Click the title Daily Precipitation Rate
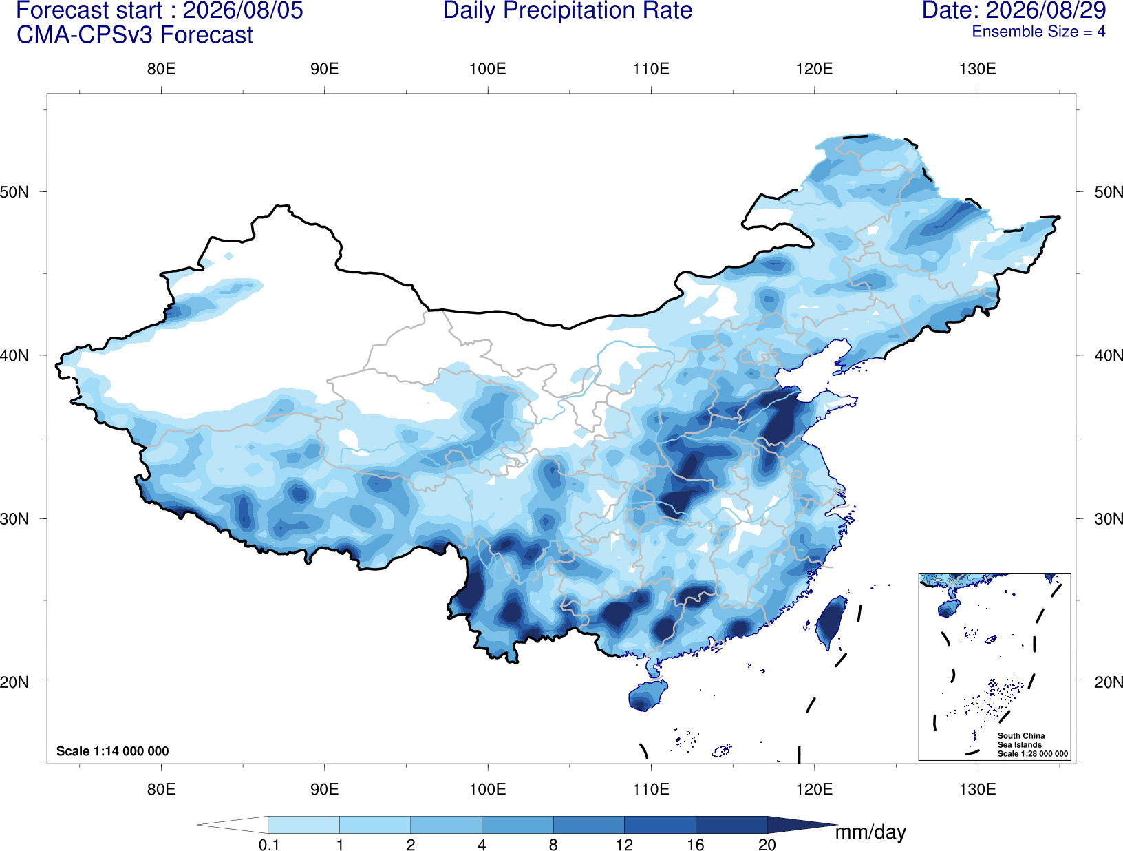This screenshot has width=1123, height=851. (568, 10)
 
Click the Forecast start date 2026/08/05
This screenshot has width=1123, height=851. (243, 10)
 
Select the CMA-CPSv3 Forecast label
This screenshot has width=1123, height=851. (135, 35)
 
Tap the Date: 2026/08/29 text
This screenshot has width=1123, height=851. (1014, 10)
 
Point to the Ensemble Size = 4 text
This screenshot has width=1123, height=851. (1038, 32)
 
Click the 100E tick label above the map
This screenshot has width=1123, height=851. (488, 69)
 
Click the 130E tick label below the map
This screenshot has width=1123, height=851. (978, 789)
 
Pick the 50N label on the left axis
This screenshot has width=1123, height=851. (14, 192)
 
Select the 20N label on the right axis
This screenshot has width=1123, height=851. (1108, 682)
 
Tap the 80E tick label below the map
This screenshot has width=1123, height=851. (161, 789)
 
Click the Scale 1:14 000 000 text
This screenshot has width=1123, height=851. (112, 750)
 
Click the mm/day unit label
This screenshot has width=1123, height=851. (870, 832)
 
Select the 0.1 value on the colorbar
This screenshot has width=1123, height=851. (268, 845)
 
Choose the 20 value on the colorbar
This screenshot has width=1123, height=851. (767, 845)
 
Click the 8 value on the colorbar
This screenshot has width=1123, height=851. (553, 845)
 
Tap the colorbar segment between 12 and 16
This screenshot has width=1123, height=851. (660, 824)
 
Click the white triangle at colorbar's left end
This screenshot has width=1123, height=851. (233, 824)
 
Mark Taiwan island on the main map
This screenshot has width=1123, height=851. (829, 621)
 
